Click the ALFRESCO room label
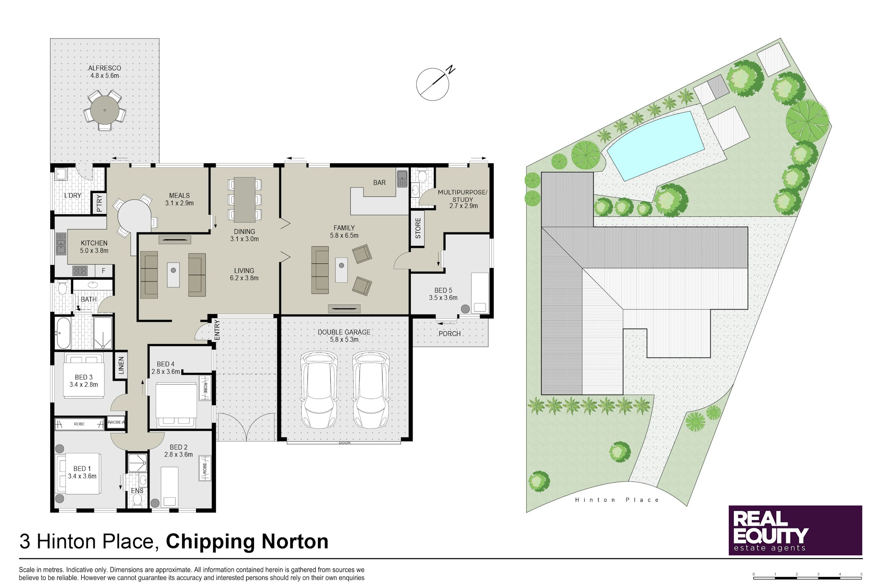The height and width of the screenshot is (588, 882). pyautogui.click(x=105, y=68)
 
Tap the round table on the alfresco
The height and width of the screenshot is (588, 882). pyautogui.click(x=105, y=110)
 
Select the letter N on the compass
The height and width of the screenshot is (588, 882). pyautogui.click(x=450, y=69)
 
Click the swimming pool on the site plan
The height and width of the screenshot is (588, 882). pyautogui.click(x=655, y=145)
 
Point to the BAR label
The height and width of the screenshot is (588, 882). pyautogui.click(x=379, y=183)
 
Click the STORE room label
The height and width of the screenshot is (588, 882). pyautogui.click(x=418, y=228)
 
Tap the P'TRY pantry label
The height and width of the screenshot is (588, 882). pyautogui.click(x=99, y=203)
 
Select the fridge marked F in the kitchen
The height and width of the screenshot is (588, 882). pyautogui.click(x=104, y=270)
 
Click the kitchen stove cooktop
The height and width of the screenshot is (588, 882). pyautogui.click(x=80, y=270)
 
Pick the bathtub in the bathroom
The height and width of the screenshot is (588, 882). pyautogui.click(x=63, y=333)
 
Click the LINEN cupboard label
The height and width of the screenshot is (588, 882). pyautogui.click(x=121, y=365)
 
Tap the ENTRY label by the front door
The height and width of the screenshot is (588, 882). pyautogui.click(x=217, y=330)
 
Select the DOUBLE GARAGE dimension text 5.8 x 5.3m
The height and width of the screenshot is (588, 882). pyautogui.click(x=344, y=340)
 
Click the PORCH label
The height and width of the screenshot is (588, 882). pyautogui.click(x=450, y=334)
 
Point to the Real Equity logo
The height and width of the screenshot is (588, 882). pyautogui.click(x=795, y=530)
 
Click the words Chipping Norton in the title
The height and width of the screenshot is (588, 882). pyautogui.click(x=247, y=541)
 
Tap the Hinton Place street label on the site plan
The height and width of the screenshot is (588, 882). pyautogui.click(x=617, y=500)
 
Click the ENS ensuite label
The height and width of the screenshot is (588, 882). pyautogui.click(x=137, y=491)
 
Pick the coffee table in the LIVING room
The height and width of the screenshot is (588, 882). pyautogui.click(x=173, y=274)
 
